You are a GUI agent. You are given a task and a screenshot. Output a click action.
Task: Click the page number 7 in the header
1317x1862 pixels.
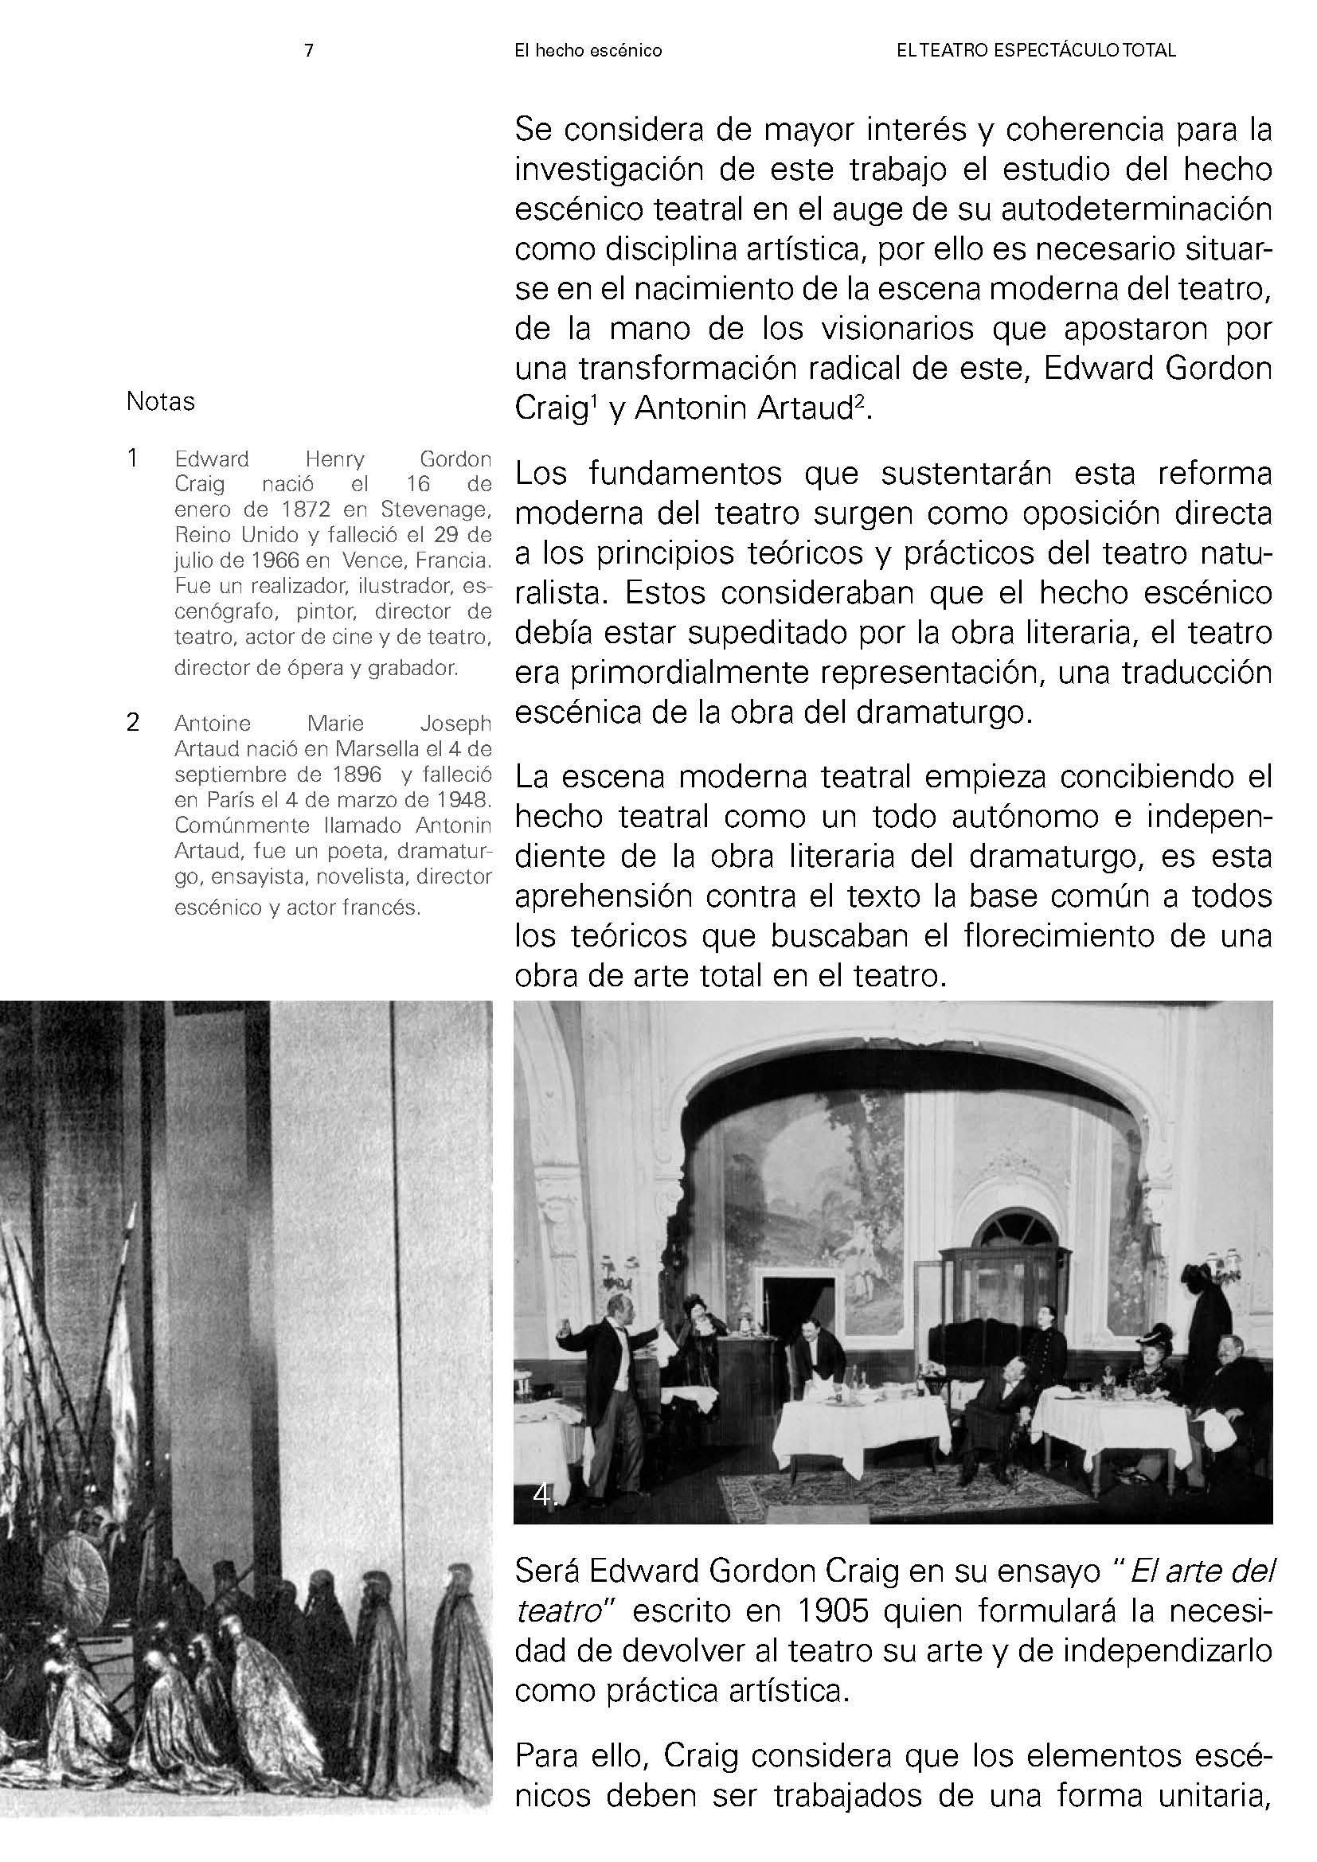(x=308, y=50)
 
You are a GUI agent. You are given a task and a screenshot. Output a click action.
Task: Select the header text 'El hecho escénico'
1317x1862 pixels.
(x=588, y=51)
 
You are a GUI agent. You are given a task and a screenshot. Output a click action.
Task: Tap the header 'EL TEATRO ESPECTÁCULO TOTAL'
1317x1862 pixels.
(x=1036, y=51)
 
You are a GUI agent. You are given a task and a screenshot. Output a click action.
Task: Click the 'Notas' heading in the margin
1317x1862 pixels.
(x=161, y=401)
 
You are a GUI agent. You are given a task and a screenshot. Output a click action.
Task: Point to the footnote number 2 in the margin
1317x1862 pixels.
(x=134, y=722)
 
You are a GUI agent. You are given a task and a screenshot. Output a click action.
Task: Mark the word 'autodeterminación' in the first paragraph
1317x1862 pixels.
(x=1137, y=210)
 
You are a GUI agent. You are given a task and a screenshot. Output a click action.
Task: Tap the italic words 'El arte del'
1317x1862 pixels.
(x=1200, y=1571)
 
